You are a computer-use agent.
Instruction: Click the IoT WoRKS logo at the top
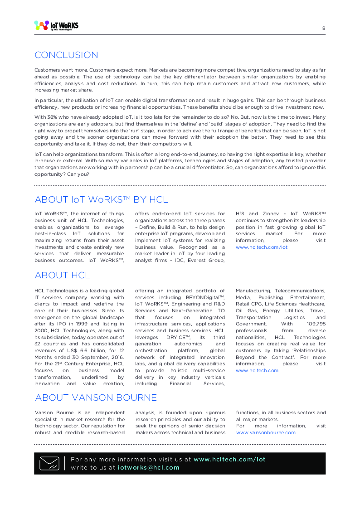tap(56, 26)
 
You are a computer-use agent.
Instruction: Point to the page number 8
tap(324, 28)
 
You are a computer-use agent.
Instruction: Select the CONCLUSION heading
tap(66, 55)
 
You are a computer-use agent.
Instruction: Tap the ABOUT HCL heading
tap(62, 275)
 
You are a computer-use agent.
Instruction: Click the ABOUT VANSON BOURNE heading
tap(96, 398)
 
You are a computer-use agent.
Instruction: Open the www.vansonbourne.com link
tap(266, 432)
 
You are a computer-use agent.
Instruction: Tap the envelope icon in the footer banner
tap(49, 463)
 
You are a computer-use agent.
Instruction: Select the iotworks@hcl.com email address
tap(149, 468)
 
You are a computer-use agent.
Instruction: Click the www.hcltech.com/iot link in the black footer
tap(229, 460)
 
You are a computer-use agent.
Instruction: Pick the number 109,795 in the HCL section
tap(316, 324)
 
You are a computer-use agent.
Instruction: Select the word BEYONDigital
tap(202, 297)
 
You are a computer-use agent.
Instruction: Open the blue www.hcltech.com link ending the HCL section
tap(257, 371)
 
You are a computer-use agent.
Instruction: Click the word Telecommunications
tap(300, 291)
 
